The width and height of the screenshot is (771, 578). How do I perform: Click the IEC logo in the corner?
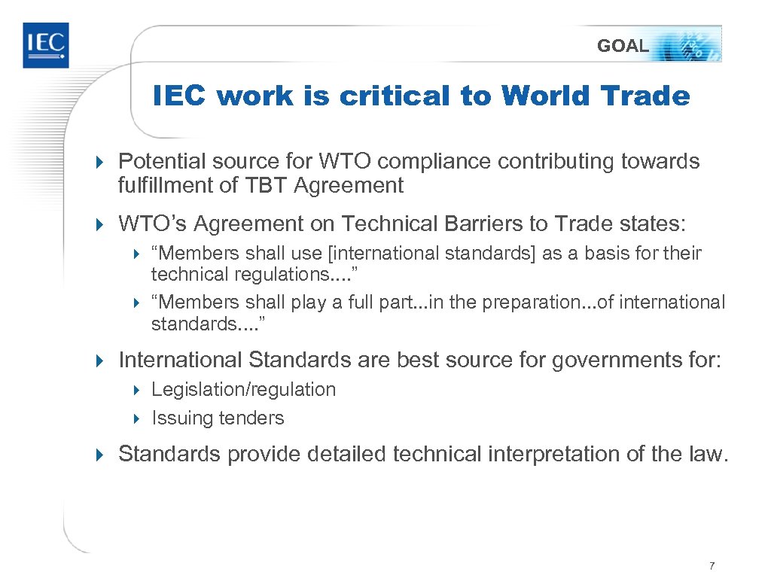[45, 45]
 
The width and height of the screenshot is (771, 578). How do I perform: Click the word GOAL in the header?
[622, 46]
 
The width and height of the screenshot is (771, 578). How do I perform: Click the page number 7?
[712, 566]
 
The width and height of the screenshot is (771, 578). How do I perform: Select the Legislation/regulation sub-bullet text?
[243, 389]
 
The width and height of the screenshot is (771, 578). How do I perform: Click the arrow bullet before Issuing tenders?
[137, 418]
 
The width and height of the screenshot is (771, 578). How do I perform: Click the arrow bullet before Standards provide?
[103, 455]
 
